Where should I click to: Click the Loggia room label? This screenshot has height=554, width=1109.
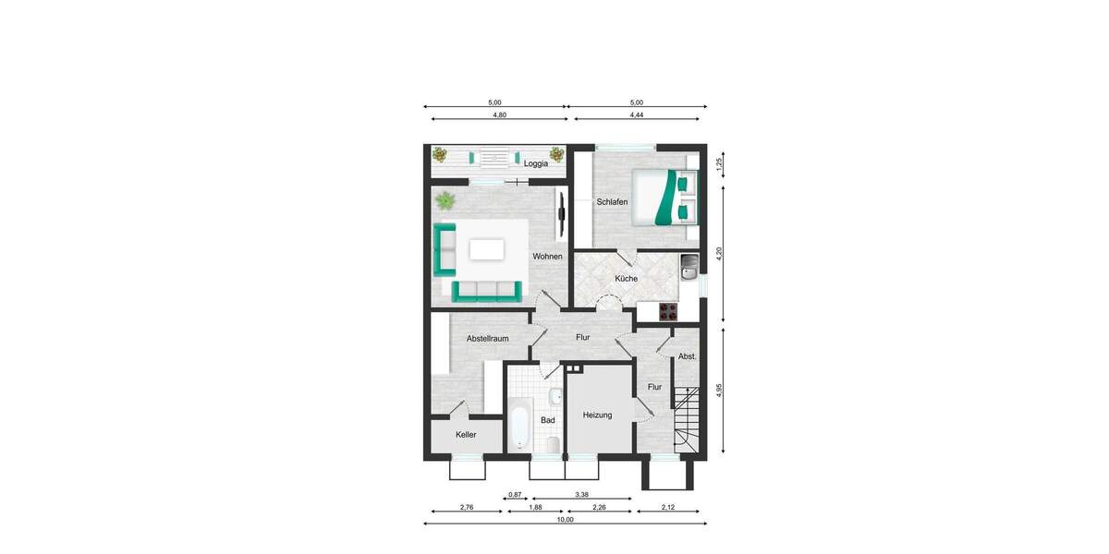pos(536,163)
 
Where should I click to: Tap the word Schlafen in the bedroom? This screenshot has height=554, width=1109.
pos(612,201)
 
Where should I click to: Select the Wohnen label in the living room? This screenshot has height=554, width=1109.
pos(547,256)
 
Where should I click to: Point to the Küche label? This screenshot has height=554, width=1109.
pos(626,278)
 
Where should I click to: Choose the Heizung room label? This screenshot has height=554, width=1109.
pos(597,415)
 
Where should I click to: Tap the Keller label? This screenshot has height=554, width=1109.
pos(466,434)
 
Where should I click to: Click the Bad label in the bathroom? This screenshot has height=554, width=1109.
pos(547,420)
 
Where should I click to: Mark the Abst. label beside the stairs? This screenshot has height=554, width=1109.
pos(687,355)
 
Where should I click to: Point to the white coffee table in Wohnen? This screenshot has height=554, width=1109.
pos(487,249)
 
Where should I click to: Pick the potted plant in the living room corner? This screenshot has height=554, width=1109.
pos(445,199)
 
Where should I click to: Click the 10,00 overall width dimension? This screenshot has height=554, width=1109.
pos(565,520)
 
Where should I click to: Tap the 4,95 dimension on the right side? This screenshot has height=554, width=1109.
pos(718,391)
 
